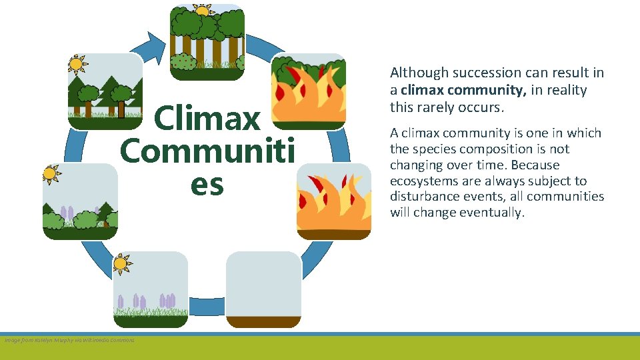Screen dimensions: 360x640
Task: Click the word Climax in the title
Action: click(207, 119)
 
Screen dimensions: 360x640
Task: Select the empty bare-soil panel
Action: click(263, 289)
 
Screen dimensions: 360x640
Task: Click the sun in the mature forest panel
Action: click(201, 9)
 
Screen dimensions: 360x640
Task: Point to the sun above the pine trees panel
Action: click(77, 64)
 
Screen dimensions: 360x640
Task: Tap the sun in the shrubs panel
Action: click(50, 174)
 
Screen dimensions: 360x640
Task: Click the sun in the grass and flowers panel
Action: click(121, 263)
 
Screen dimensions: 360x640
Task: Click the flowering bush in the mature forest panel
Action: click(183, 62)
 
